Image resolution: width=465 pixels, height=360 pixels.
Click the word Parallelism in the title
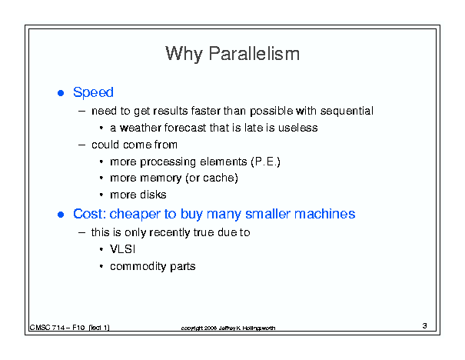coord(254,54)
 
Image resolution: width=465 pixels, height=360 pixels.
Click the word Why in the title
coord(184,55)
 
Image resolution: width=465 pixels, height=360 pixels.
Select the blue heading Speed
coord(93,92)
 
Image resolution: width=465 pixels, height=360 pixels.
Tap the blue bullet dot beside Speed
coord(61,93)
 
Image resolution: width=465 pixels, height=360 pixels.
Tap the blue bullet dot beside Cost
coord(61,215)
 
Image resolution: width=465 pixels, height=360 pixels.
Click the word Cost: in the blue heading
coord(90,214)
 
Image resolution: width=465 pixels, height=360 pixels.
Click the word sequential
coord(347,111)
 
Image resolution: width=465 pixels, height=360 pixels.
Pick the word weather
coord(141,128)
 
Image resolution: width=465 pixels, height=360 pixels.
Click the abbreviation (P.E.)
coord(265,162)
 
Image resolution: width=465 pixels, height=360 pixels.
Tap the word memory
coord(161,178)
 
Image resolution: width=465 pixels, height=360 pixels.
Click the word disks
coord(153,195)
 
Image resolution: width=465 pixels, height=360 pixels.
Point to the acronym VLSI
coord(122,249)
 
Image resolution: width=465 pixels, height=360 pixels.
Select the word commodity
coord(138,266)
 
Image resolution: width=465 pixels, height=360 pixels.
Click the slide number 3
coord(425,326)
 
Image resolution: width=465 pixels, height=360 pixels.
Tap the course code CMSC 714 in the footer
coord(47,328)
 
